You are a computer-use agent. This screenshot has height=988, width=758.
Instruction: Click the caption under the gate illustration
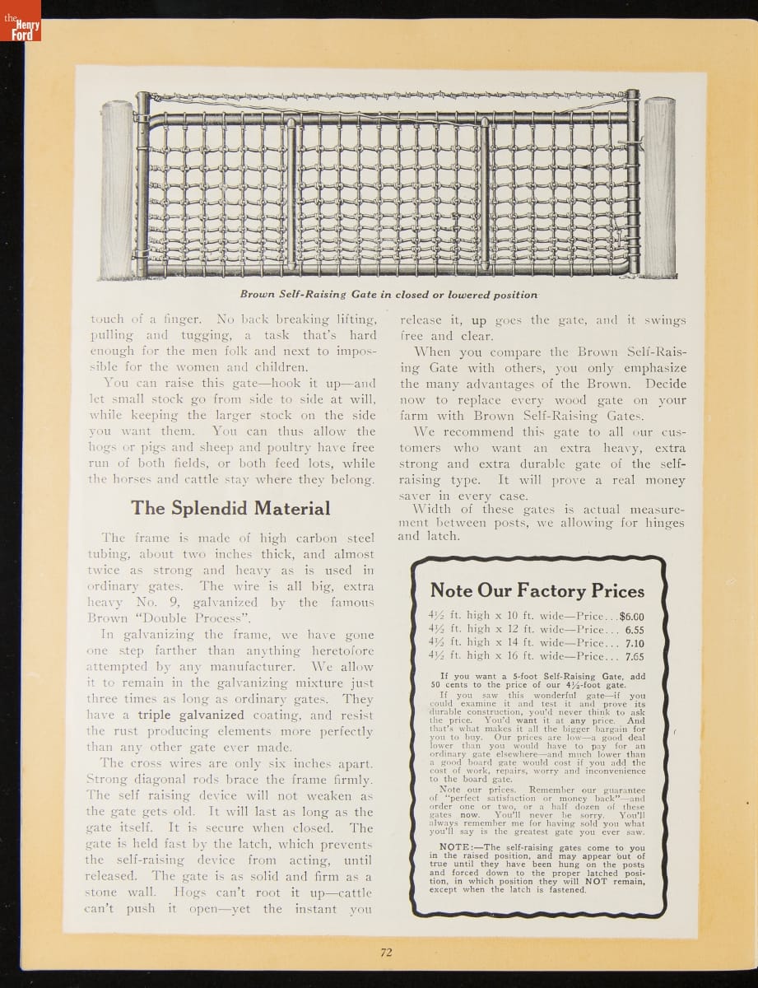coord(388,295)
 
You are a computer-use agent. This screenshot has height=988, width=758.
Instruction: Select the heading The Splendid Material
coord(230,508)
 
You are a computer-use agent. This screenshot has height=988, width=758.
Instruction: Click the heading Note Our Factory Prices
coord(537,590)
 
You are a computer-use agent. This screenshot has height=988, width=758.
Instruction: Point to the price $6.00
coord(631,615)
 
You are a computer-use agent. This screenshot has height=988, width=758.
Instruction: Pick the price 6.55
coord(634,629)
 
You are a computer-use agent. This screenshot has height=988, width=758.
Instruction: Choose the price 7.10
coord(634,643)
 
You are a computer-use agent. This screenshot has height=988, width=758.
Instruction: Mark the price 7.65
coord(634,656)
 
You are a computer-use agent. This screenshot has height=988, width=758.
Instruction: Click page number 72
coord(386,952)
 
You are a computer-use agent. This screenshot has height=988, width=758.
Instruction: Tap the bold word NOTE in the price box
coord(454,847)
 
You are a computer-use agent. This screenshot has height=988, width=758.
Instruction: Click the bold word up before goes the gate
coord(478,319)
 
